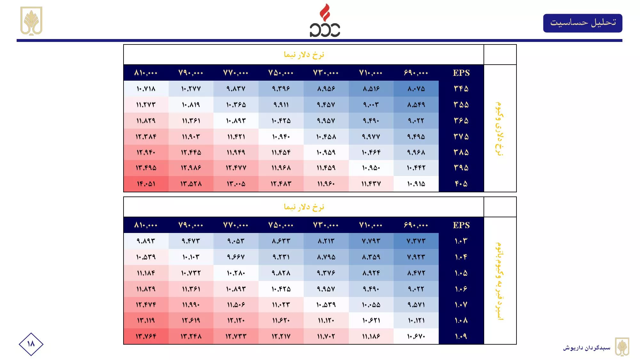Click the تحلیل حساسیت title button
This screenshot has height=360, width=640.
tap(582, 23)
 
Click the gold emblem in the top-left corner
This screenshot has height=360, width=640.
tap(31, 21)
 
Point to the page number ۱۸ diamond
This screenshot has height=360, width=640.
tap(31, 344)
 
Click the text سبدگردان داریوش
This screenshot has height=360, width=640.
tap(587, 348)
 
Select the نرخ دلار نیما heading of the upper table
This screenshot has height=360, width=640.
tap(304, 55)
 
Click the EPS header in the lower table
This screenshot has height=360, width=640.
tap(461, 225)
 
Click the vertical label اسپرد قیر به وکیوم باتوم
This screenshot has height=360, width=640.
tap(499, 281)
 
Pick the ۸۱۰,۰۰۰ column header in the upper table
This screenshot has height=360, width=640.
tap(146, 73)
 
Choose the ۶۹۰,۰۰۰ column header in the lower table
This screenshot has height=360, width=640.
tap(416, 225)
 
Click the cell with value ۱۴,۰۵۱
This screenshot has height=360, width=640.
tap(146, 184)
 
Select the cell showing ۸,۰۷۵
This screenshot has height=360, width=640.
tap(416, 89)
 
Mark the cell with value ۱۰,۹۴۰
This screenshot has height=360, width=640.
tap(281, 137)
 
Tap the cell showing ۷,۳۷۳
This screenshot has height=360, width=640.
tap(416, 241)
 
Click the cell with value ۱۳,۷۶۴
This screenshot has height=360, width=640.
tap(146, 336)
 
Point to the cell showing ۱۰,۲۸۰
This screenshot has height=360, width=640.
tap(236, 273)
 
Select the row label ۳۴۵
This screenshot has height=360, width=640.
tap(461, 89)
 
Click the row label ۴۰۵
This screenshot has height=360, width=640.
tap(461, 184)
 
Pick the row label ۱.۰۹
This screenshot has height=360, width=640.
tap(461, 336)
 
